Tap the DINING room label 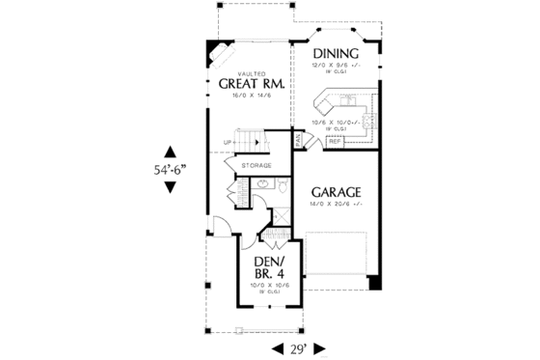tap(335, 54)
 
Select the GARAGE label tap(336, 192)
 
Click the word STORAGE tap(256, 165)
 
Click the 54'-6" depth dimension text tap(170, 168)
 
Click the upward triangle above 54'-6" tap(170, 151)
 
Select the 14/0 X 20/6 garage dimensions tap(337, 205)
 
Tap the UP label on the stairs tap(228, 143)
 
